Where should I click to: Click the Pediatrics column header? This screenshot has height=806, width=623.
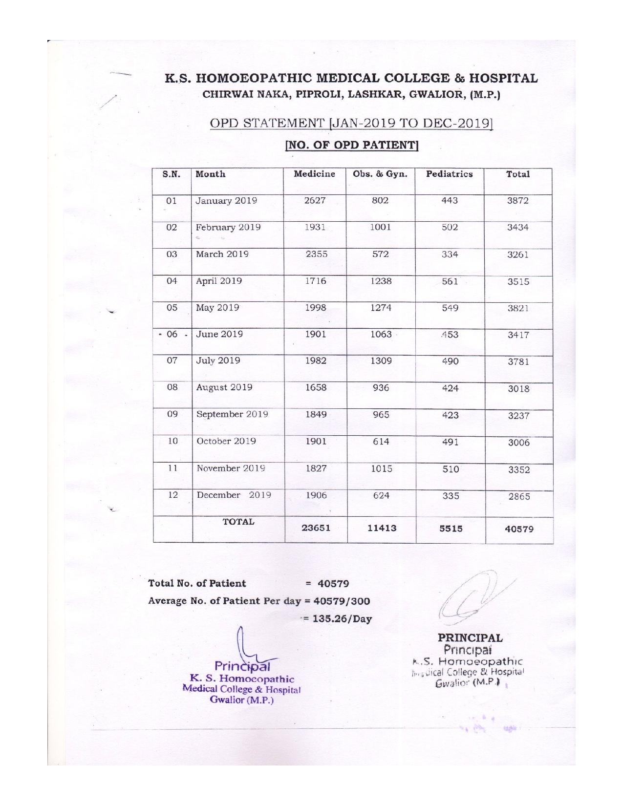coord(449,174)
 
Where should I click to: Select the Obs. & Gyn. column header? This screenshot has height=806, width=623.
coord(380,174)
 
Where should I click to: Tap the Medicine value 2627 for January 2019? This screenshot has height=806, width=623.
coord(315,201)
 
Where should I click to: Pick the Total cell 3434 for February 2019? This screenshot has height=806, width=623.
coord(517,228)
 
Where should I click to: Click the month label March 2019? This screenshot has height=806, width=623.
coord(222,254)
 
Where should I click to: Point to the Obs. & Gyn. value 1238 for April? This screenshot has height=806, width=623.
coord(380,281)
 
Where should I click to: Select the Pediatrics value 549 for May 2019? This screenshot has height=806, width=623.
coord(450,308)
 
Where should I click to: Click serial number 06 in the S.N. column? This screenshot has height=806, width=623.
coord(172,334)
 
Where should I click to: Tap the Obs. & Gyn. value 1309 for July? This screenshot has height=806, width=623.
coord(381,361)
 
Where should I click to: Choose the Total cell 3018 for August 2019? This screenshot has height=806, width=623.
coord(518,389)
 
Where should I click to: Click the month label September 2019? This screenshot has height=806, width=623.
coord(232,414)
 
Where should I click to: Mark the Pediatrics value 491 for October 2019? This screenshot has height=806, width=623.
coord(450,442)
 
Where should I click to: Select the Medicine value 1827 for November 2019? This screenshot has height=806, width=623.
coord(316,468)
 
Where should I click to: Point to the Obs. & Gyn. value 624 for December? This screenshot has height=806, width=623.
coord(381,495)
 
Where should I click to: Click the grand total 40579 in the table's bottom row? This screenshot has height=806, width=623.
coord(518,529)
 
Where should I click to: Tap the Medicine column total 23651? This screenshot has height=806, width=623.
coord(316,528)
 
